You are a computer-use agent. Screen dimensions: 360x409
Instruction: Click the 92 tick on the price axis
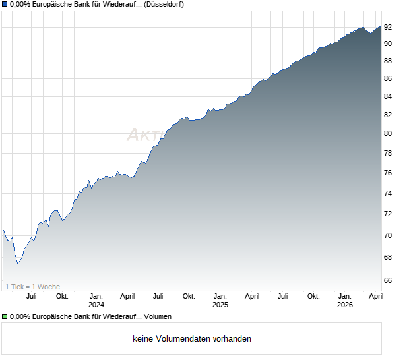(x=389, y=27)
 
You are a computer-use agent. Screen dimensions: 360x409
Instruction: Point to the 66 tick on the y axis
(x=389, y=280)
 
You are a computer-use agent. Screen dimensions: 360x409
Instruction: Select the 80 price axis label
(x=389, y=133)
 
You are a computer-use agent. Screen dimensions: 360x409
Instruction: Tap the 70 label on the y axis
(x=389, y=235)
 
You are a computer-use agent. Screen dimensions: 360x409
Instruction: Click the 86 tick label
(x=389, y=78)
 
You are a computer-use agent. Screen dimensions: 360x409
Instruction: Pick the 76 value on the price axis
(x=389, y=173)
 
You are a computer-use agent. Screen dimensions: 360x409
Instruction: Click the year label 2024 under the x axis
(x=96, y=305)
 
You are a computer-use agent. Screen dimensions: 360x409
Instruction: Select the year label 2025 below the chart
(x=220, y=305)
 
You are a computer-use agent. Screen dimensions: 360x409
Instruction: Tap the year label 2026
(x=345, y=305)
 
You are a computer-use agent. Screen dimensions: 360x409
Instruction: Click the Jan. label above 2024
(x=96, y=296)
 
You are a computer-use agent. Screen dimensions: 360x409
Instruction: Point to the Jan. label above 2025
(x=220, y=296)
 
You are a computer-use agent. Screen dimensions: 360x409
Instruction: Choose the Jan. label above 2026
(x=345, y=296)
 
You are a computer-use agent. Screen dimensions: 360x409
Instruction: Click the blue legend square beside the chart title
(x=5, y=5)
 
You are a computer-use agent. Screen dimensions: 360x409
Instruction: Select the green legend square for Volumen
(x=5, y=317)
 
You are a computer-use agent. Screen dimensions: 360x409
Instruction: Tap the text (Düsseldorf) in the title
(x=163, y=5)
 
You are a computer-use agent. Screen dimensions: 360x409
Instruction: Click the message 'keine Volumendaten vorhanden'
(x=192, y=339)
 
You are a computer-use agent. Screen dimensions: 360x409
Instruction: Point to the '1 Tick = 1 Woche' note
(x=32, y=287)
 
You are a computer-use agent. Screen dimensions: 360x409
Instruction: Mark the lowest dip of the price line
(x=18, y=264)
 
